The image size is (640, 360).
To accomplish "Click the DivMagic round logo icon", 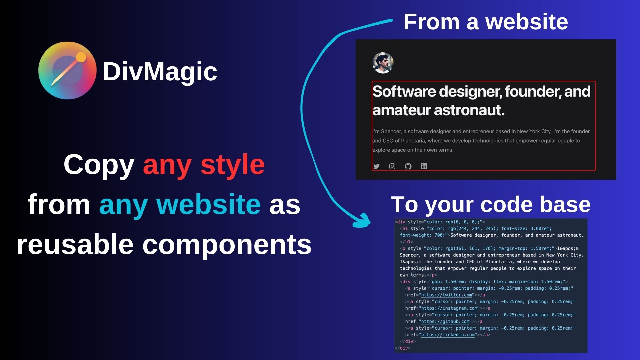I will [x=67, y=70].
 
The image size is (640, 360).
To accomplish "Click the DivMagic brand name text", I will [x=160, y=71].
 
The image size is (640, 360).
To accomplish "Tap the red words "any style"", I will [x=204, y=164].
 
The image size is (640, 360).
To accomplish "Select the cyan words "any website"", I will [x=180, y=204].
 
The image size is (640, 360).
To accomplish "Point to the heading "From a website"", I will [x=485, y=22].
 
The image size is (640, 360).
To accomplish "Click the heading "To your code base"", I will [x=490, y=204].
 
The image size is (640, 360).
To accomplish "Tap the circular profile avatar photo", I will [x=383, y=63].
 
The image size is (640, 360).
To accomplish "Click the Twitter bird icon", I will [x=376, y=166].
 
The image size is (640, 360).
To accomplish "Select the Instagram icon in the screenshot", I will [x=392, y=166].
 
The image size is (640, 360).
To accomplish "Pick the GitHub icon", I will [x=408, y=166].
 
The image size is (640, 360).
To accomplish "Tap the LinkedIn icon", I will [x=424, y=166].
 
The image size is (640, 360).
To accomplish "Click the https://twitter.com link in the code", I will [x=446, y=295].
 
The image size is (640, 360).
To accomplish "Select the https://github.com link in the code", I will [x=445, y=322].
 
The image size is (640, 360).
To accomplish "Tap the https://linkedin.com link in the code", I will [x=448, y=335].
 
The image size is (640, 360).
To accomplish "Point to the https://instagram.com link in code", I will [x=449, y=308].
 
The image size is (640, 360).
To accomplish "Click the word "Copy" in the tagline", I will [x=99, y=164].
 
